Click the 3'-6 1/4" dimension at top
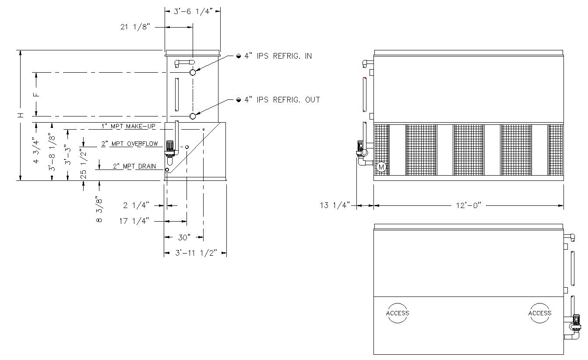pos(193,12)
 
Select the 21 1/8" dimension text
pos(135,27)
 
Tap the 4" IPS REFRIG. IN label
pos(278,56)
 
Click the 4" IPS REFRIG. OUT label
pos(282,100)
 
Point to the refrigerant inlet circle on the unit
pos(192,72)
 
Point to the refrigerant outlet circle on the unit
pos(192,116)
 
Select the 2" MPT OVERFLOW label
pos(130,144)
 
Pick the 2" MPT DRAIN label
pos(135,166)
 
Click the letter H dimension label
pos(20,115)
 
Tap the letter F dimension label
pos(37,94)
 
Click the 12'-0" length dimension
pos(467,205)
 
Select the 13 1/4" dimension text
pos(335,205)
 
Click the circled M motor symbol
pos(381,167)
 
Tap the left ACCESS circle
pos(398,313)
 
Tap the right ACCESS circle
pos(540,313)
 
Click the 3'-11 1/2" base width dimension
pos(196,253)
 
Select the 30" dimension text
pos(184,237)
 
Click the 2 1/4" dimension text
pos(136,205)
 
